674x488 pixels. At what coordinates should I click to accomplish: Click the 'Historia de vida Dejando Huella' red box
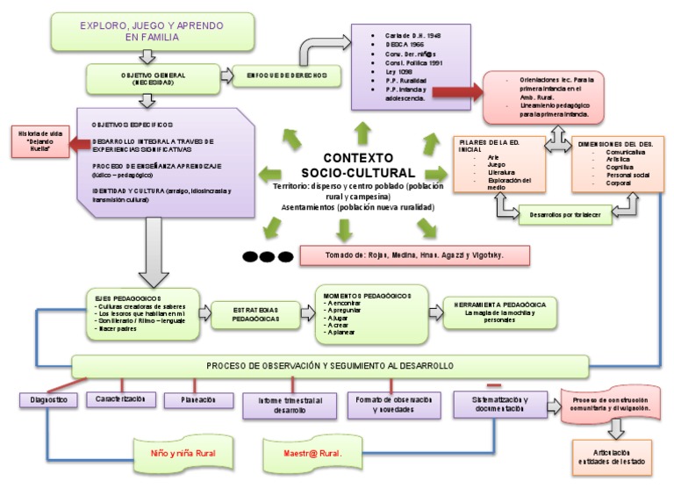(x=36, y=142)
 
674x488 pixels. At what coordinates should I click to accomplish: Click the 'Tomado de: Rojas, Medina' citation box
(x=414, y=255)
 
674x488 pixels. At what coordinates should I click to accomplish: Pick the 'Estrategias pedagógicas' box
(x=255, y=314)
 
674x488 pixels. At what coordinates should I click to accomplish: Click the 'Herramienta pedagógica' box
(x=500, y=313)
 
